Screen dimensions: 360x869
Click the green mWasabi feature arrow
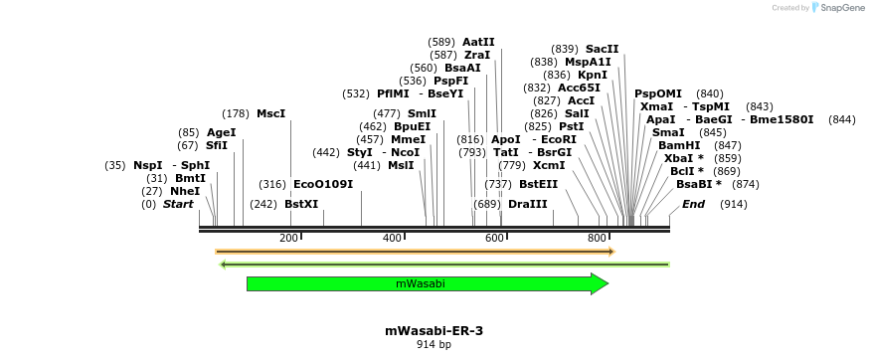tap(428, 284)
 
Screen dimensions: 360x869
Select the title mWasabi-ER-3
tap(434, 330)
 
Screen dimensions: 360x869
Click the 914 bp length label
tap(434, 345)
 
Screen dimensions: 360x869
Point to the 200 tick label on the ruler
tap(288, 238)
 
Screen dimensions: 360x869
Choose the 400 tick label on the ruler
tap(392, 238)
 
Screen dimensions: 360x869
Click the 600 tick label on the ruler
tap(494, 238)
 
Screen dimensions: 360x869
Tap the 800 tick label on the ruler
tap(597, 238)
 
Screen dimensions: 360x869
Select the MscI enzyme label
tap(270, 113)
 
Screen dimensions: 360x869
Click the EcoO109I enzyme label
tap(323, 184)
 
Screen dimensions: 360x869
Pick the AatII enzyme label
tap(478, 42)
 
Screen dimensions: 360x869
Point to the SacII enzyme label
tap(602, 49)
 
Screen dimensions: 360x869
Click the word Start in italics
tap(178, 204)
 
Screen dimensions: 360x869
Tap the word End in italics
tap(693, 204)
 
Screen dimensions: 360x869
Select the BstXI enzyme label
tap(301, 204)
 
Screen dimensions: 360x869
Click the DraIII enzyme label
tap(527, 204)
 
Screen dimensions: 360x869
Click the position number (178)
tap(236, 113)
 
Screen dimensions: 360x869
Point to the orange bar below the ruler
tap(415, 252)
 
